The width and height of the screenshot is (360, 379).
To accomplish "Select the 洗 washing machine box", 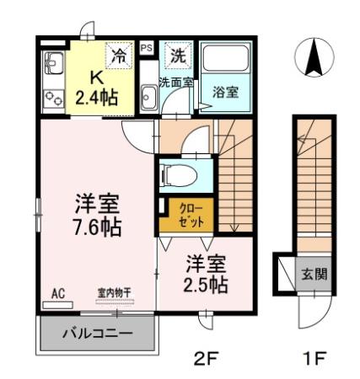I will pos(178,57).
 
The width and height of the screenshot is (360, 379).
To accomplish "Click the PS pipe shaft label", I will pos(147,49).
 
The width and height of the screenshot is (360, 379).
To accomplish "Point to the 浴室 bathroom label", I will pos(224,91).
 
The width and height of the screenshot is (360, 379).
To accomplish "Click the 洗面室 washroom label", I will pos(176,82).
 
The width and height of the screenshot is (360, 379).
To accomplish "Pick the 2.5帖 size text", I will pos(206,285).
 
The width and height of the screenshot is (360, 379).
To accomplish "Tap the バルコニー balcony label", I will pos(98,334).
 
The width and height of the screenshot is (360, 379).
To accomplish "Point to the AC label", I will pos(58,294).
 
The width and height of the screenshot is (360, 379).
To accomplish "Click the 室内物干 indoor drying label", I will pos(113,293).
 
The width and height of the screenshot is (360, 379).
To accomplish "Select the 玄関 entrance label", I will pos(315,275).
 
